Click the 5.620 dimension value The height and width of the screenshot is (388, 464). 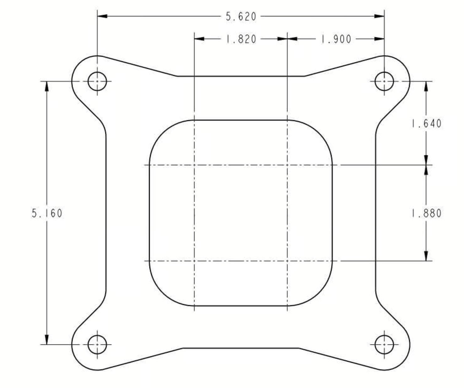(241, 17)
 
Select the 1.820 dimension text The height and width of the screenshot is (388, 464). (241, 39)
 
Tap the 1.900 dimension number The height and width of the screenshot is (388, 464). (336, 39)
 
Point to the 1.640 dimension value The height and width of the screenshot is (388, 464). (426, 124)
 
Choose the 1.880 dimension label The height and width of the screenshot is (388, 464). (426, 213)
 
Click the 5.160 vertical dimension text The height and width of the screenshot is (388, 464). (47, 213)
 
